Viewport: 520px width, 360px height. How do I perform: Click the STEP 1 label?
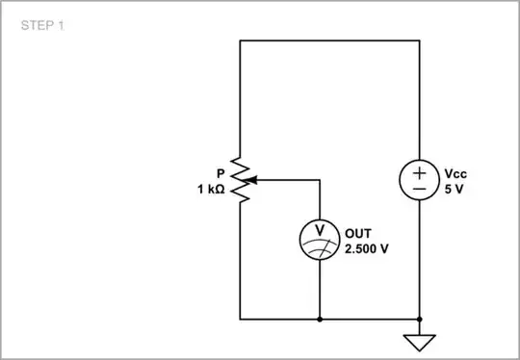[x=42, y=26]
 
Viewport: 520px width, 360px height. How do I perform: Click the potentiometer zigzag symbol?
[x=241, y=180]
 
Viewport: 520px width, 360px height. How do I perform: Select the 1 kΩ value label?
[x=209, y=190]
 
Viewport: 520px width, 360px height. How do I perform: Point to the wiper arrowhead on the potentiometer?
[x=256, y=180]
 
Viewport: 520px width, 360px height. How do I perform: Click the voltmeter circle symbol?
[x=319, y=239]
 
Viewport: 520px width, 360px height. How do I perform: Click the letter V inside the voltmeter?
[x=319, y=232]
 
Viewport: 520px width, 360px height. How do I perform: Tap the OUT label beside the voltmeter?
[x=357, y=232]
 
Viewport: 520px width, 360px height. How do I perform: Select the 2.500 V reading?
[x=367, y=247]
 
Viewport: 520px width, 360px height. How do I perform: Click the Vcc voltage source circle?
[x=421, y=180]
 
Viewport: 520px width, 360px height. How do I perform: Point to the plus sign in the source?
[x=421, y=171]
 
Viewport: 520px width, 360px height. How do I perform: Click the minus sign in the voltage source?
[x=421, y=190]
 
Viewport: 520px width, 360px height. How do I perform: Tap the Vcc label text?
[x=455, y=173]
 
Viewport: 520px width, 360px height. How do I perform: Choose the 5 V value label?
[x=454, y=190]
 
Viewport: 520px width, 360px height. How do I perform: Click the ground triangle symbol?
[x=421, y=342]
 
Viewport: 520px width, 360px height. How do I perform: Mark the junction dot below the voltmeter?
[x=319, y=318]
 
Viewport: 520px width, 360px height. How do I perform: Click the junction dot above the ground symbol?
[x=421, y=318]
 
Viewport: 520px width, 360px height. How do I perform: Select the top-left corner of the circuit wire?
[x=241, y=40]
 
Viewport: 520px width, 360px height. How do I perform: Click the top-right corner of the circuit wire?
[x=421, y=40]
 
